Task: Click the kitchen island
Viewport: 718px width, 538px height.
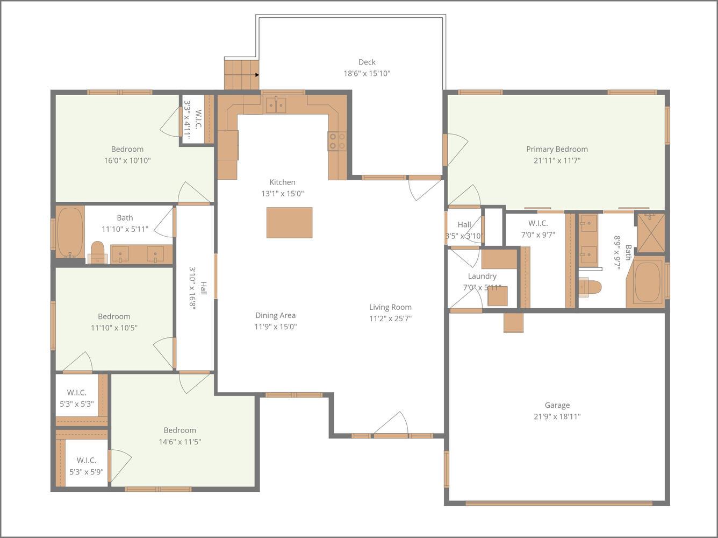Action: click(x=289, y=222)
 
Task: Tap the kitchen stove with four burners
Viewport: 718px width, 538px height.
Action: click(x=338, y=141)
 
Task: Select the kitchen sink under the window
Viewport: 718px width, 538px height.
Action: click(x=276, y=105)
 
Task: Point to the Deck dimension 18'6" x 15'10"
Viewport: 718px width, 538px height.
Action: click(x=367, y=74)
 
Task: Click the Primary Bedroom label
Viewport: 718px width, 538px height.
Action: click(x=557, y=149)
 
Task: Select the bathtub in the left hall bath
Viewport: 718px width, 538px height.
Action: click(x=70, y=232)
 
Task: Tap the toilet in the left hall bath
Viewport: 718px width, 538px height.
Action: click(x=97, y=252)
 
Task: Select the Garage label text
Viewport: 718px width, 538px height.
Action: click(x=557, y=405)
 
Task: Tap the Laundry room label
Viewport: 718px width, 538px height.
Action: click(x=482, y=276)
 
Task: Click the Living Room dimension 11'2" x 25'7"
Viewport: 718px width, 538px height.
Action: click(x=390, y=318)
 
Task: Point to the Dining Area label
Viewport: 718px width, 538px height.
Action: click(x=275, y=315)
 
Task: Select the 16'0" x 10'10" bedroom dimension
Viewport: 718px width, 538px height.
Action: click(x=127, y=160)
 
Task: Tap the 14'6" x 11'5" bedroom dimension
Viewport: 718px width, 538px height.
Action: click(x=180, y=442)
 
